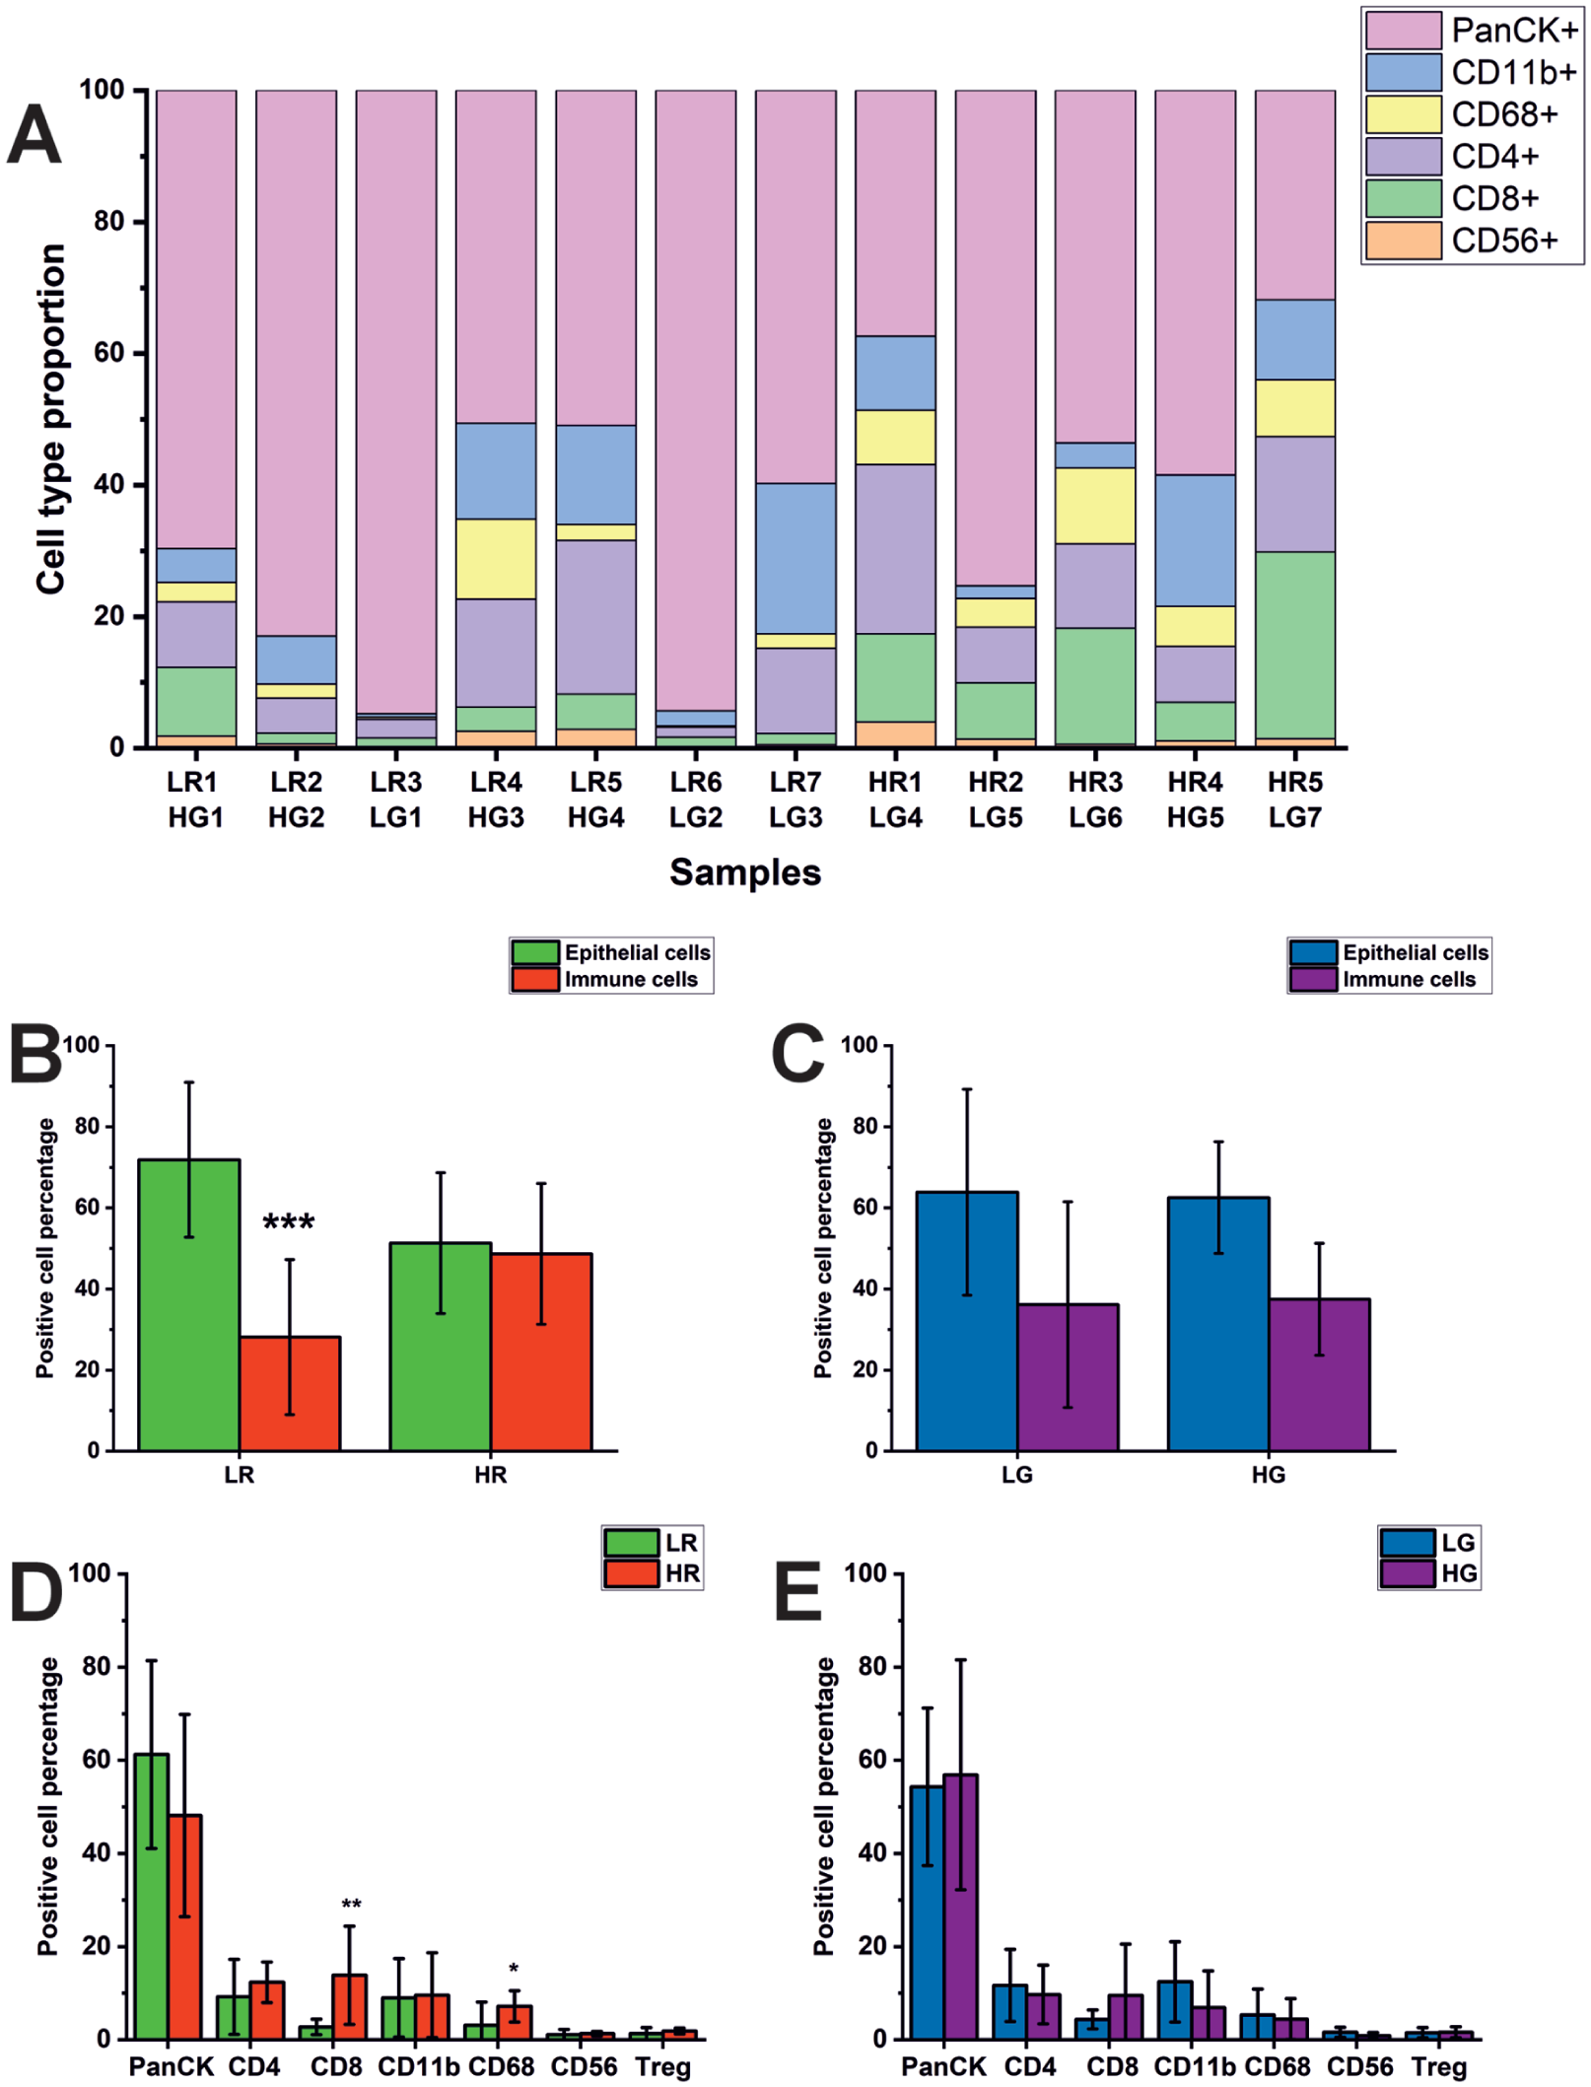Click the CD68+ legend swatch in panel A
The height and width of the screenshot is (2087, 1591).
pyautogui.click(x=1403, y=114)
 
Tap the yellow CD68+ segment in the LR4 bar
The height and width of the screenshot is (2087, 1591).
pyautogui.click(x=496, y=559)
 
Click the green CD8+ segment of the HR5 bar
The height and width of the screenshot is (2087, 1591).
pyautogui.click(x=1294, y=645)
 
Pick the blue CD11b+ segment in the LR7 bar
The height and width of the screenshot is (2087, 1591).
pyautogui.click(x=795, y=558)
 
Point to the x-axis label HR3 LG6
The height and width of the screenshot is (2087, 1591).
pyautogui.click(x=1095, y=800)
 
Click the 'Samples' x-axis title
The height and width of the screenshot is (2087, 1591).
pyautogui.click(x=745, y=872)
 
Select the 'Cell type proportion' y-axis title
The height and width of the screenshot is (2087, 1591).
pyautogui.click(x=50, y=419)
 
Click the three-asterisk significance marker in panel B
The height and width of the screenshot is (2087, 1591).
pyautogui.click(x=289, y=1223)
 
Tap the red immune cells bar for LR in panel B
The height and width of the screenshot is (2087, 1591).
pyautogui.click(x=290, y=1394)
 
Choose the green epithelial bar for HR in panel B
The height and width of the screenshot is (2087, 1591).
pyautogui.click(x=441, y=1347)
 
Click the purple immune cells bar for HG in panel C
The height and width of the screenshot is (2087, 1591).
pyautogui.click(x=1319, y=1375)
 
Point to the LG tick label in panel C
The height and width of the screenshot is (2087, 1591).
pyautogui.click(x=1017, y=1475)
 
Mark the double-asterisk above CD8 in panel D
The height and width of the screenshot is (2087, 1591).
pyautogui.click(x=351, y=1904)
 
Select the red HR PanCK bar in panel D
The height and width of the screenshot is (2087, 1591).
pyautogui.click(x=185, y=1927)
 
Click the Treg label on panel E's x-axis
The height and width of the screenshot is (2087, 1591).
pyautogui.click(x=1439, y=2066)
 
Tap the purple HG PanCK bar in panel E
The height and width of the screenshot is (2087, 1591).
pyautogui.click(x=960, y=1908)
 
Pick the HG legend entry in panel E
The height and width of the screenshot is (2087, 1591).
pyautogui.click(x=1428, y=1573)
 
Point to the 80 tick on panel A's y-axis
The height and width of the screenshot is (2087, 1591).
pyautogui.click(x=108, y=221)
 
